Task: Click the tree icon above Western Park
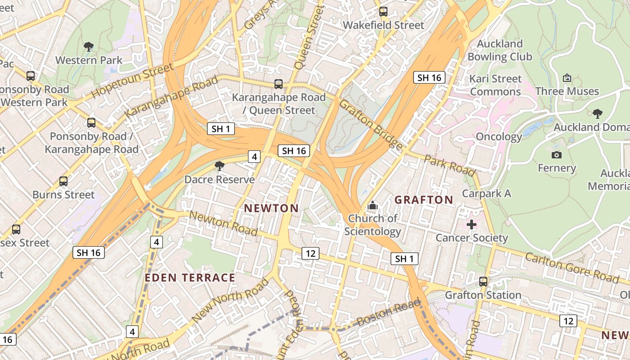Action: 89,46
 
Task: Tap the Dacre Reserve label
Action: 219,180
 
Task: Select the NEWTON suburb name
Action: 271,208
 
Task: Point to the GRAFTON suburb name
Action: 423,200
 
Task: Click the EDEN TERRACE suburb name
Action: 190,278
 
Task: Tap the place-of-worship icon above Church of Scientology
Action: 372,206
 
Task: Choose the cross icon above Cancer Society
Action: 471,224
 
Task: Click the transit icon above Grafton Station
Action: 483,282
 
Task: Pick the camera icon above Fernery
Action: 557,155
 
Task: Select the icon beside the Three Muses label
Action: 567,78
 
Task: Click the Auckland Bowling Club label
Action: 499,50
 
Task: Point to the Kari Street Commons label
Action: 495,85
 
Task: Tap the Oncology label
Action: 499,137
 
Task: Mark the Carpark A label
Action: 486,193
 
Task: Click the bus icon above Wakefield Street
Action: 383,12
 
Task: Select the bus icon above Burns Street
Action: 63,181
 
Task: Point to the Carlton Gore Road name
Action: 571,268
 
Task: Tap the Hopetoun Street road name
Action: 132,81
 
